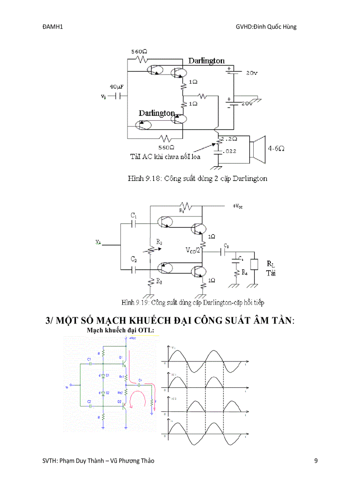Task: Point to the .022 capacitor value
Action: pyautogui.click(x=230, y=151)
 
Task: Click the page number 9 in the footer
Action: pyautogui.click(x=315, y=461)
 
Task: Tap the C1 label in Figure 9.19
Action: pyautogui.click(x=134, y=216)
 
